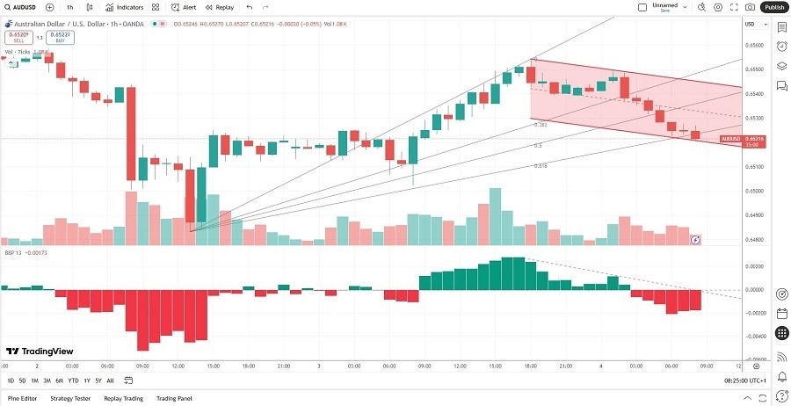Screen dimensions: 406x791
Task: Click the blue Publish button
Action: coord(773,7)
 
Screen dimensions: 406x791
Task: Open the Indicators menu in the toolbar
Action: coord(125,7)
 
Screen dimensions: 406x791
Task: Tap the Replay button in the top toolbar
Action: coord(220,7)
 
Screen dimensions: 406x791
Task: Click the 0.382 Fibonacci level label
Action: coord(541,125)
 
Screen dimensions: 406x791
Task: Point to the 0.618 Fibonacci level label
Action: coord(541,165)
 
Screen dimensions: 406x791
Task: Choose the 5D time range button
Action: coord(22,381)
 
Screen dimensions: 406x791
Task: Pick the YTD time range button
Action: coord(73,381)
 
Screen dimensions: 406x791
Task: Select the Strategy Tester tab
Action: coord(70,398)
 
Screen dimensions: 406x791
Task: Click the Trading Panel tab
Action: coord(174,398)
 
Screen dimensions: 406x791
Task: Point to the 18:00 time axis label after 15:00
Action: coord(249,366)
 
